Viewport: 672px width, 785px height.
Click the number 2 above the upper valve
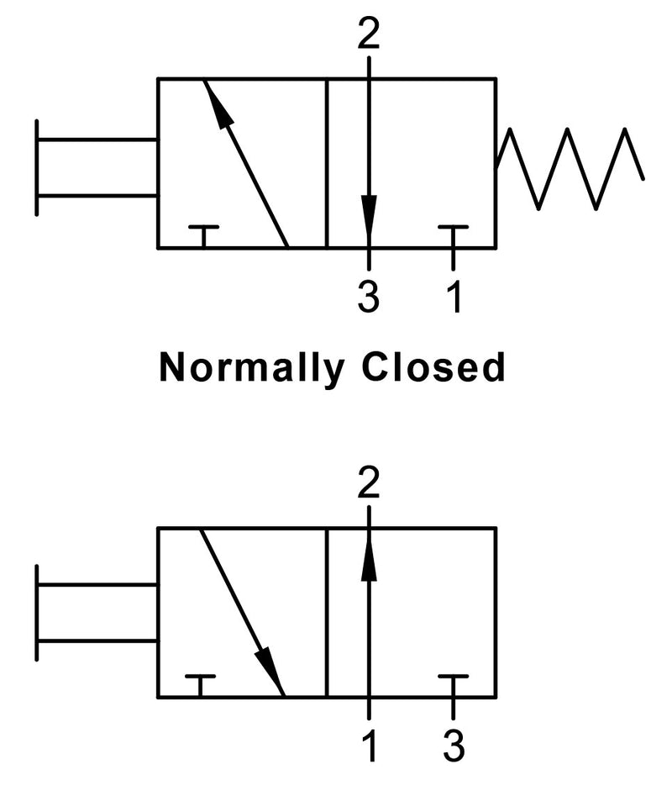point(369,35)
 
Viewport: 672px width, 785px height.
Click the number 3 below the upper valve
point(369,297)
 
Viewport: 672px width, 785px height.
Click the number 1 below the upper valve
point(454,297)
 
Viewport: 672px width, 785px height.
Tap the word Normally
point(252,368)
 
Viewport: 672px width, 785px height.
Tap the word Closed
point(433,367)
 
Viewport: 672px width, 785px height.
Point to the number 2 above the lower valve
point(369,483)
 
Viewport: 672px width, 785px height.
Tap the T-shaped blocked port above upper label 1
point(454,236)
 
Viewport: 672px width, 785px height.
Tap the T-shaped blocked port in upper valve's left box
point(203,236)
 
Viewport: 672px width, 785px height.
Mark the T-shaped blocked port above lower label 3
point(454,686)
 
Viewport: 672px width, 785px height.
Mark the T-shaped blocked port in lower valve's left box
point(200,686)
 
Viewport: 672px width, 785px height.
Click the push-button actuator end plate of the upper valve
point(37,168)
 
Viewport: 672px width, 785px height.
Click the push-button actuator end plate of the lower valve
point(37,612)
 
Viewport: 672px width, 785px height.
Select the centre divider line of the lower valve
point(326,612)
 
